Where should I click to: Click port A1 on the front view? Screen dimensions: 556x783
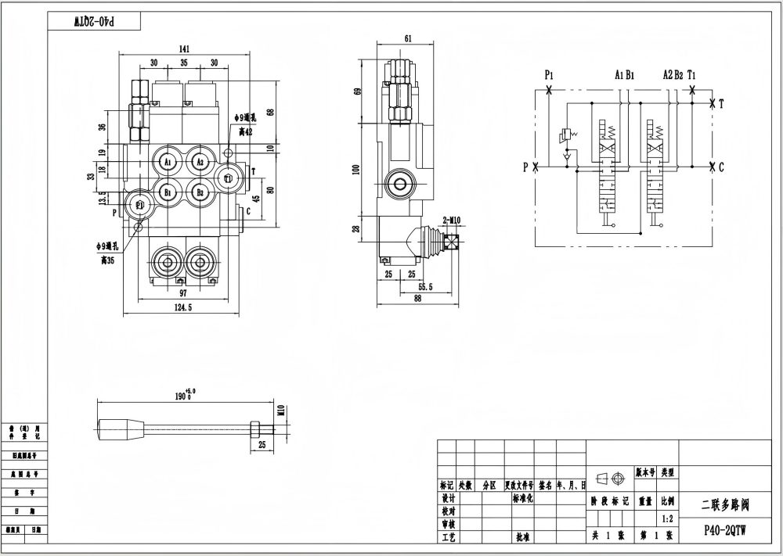pyautogui.click(x=167, y=162)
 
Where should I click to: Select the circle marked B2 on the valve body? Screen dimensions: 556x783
pyautogui.click(x=200, y=192)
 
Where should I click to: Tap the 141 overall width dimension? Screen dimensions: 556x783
pyautogui.click(x=184, y=49)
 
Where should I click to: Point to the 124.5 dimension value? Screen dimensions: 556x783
pyautogui.click(x=182, y=307)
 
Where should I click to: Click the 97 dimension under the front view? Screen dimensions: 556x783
pyautogui.click(x=183, y=292)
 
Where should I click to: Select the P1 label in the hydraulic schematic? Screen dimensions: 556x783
pyautogui.click(x=550, y=75)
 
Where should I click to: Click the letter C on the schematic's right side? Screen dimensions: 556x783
pyautogui.click(x=721, y=166)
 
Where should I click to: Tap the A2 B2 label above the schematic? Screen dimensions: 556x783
pyautogui.click(x=673, y=75)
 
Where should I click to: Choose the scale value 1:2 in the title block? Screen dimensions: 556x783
pyautogui.click(x=668, y=517)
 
